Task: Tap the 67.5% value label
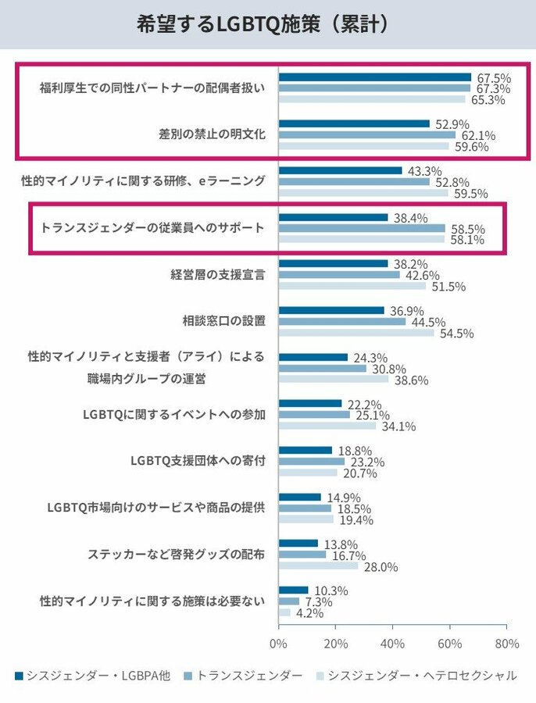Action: (x=493, y=77)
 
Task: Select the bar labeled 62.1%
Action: (x=366, y=134)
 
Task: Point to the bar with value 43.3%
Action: (x=340, y=170)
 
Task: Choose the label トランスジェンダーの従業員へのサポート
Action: (x=152, y=228)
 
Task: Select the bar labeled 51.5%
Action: (x=352, y=286)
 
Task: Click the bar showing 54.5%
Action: (x=356, y=332)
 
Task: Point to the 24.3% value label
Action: (x=369, y=357)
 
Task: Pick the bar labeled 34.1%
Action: (x=327, y=426)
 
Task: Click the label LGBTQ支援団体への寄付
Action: (x=198, y=461)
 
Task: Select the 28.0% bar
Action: (x=318, y=566)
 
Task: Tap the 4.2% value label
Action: (x=309, y=612)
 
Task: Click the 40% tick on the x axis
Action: (x=392, y=644)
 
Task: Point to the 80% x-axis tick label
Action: (x=506, y=644)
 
